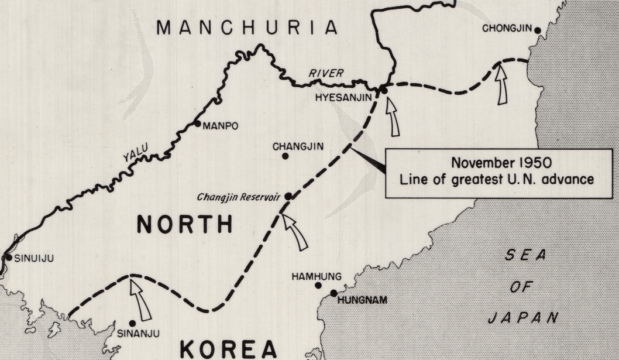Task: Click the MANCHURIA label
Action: [247, 28]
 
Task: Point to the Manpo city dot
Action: [198, 124]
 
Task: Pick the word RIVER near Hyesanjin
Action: [326, 73]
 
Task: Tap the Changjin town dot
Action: [285, 156]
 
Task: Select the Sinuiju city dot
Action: [9, 257]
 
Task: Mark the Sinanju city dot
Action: [133, 323]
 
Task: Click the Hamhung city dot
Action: [318, 285]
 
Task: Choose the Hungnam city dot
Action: [333, 293]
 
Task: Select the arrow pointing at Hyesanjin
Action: [393, 116]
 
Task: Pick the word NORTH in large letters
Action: [184, 224]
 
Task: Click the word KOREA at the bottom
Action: [228, 348]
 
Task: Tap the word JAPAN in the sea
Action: [522, 318]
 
